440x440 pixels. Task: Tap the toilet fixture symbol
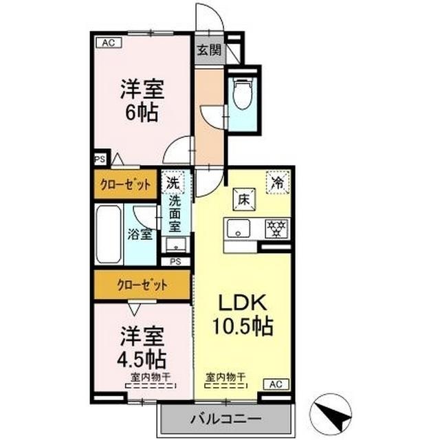[x=242, y=96]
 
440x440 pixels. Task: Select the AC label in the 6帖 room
[x=108, y=43]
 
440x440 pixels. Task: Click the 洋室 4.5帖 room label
[x=142, y=347]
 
